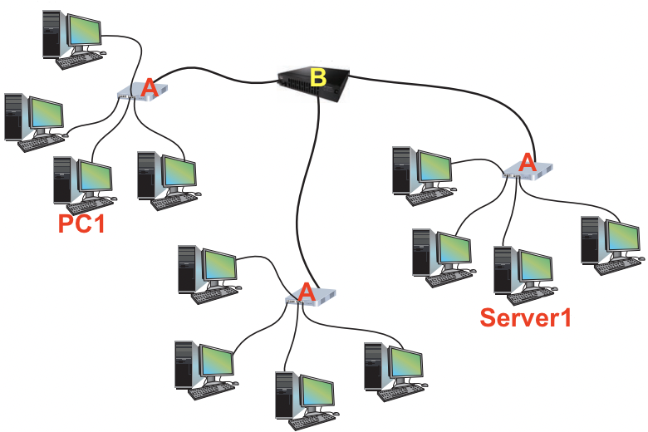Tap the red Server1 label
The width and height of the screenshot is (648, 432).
[x=525, y=317]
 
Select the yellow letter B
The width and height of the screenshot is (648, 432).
[x=317, y=78]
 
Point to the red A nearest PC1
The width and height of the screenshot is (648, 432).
[x=149, y=87]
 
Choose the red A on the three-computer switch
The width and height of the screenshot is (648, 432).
[x=306, y=292]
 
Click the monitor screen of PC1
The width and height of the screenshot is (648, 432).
[x=95, y=175]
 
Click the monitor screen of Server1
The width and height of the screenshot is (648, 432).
[x=536, y=266]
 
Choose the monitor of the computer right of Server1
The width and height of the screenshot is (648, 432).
[x=623, y=236]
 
